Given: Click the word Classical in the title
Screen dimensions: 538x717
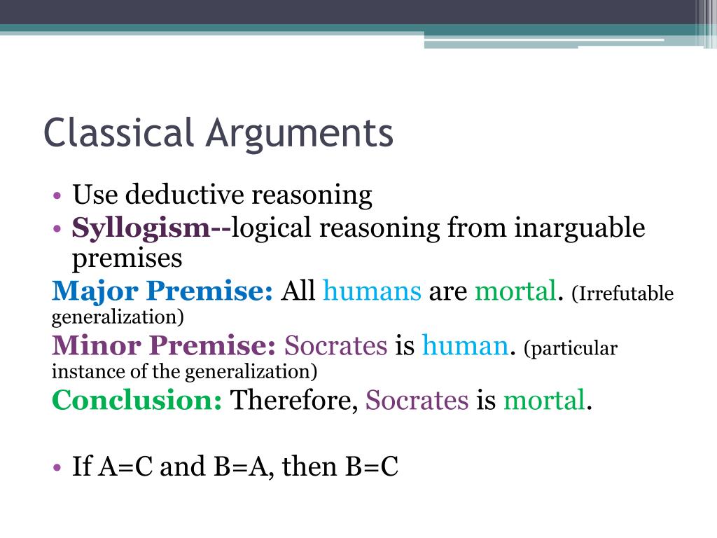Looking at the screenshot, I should coord(118,133).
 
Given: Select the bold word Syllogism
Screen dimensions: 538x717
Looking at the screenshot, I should coord(141,228).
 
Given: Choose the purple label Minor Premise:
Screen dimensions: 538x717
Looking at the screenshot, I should coord(165,345).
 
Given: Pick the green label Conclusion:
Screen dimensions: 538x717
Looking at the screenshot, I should coord(137,400).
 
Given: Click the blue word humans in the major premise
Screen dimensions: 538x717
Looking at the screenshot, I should coord(372,291).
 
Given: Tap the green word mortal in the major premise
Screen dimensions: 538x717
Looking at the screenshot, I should coord(515,291).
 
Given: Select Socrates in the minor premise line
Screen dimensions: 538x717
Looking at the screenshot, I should coord(335,345).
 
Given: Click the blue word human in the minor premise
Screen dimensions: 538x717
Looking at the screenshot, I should coord(464,345).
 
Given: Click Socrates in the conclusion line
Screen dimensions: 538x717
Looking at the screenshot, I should coord(417,400).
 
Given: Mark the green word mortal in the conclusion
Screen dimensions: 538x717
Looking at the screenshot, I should coord(543,400).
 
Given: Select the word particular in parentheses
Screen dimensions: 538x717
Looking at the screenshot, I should coord(573,349).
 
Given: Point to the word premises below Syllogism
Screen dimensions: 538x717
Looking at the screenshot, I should coord(127,258).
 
